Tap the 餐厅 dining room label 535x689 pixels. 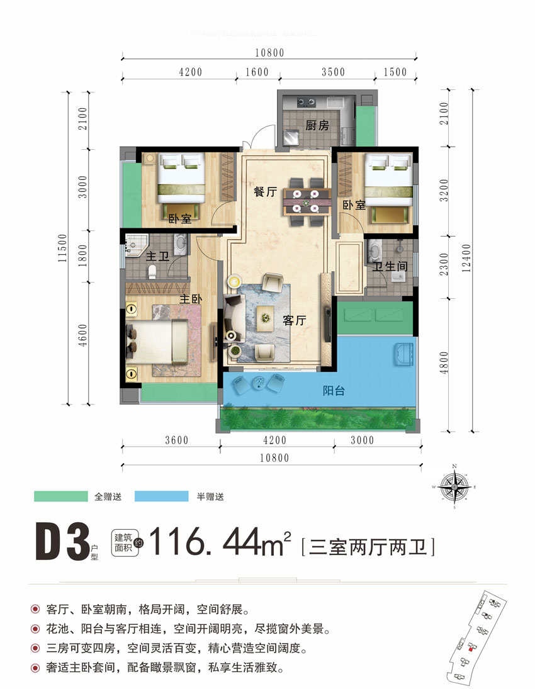point(265,193)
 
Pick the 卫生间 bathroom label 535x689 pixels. point(390,267)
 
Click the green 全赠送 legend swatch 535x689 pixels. point(60,496)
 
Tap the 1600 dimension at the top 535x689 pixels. point(257,72)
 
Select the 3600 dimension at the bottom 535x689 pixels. point(177,440)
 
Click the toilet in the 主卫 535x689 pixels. point(152,271)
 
